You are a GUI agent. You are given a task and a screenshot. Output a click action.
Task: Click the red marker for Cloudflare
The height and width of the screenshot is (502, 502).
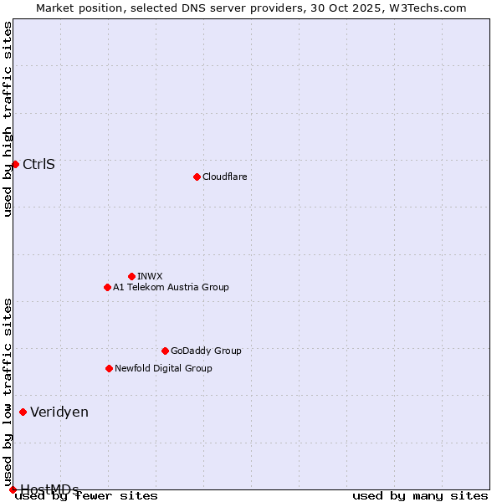[197, 177]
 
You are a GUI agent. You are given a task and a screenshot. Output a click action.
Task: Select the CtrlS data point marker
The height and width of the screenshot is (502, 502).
[15, 164]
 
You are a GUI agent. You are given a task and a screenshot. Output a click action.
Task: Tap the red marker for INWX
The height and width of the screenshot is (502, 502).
[131, 276]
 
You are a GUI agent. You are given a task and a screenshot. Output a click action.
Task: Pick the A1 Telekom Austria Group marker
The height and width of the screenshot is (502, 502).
[107, 287]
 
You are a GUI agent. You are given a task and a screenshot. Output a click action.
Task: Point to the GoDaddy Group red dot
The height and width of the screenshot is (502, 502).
[165, 351]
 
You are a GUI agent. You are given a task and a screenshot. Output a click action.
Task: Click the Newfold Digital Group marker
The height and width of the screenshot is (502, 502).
[109, 368]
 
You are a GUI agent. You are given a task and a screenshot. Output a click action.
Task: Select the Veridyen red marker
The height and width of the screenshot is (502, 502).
[23, 412]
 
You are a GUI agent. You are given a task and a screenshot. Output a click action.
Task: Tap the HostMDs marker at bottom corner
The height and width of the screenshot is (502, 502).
[13, 489]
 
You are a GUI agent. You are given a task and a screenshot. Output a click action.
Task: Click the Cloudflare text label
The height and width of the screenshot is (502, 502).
[225, 177]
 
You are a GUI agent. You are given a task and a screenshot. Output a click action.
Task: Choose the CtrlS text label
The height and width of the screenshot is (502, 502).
[39, 164]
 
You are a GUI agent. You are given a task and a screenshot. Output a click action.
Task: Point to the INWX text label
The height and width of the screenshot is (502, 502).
[151, 276]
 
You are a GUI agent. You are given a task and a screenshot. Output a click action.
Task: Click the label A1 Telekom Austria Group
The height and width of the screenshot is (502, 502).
[171, 287]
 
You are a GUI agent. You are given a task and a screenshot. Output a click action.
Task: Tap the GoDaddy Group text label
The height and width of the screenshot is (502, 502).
[206, 351]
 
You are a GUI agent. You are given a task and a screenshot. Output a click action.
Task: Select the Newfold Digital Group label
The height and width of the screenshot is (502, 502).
[163, 368]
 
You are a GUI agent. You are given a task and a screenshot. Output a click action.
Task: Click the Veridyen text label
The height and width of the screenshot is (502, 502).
[59, 412]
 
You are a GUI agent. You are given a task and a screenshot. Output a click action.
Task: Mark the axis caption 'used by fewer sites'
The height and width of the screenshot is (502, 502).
[87, 496]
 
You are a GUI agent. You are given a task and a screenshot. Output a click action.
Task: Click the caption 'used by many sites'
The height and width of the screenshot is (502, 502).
[420, 496]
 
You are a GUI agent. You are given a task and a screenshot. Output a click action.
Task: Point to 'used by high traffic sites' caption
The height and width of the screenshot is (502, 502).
[8, 119]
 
